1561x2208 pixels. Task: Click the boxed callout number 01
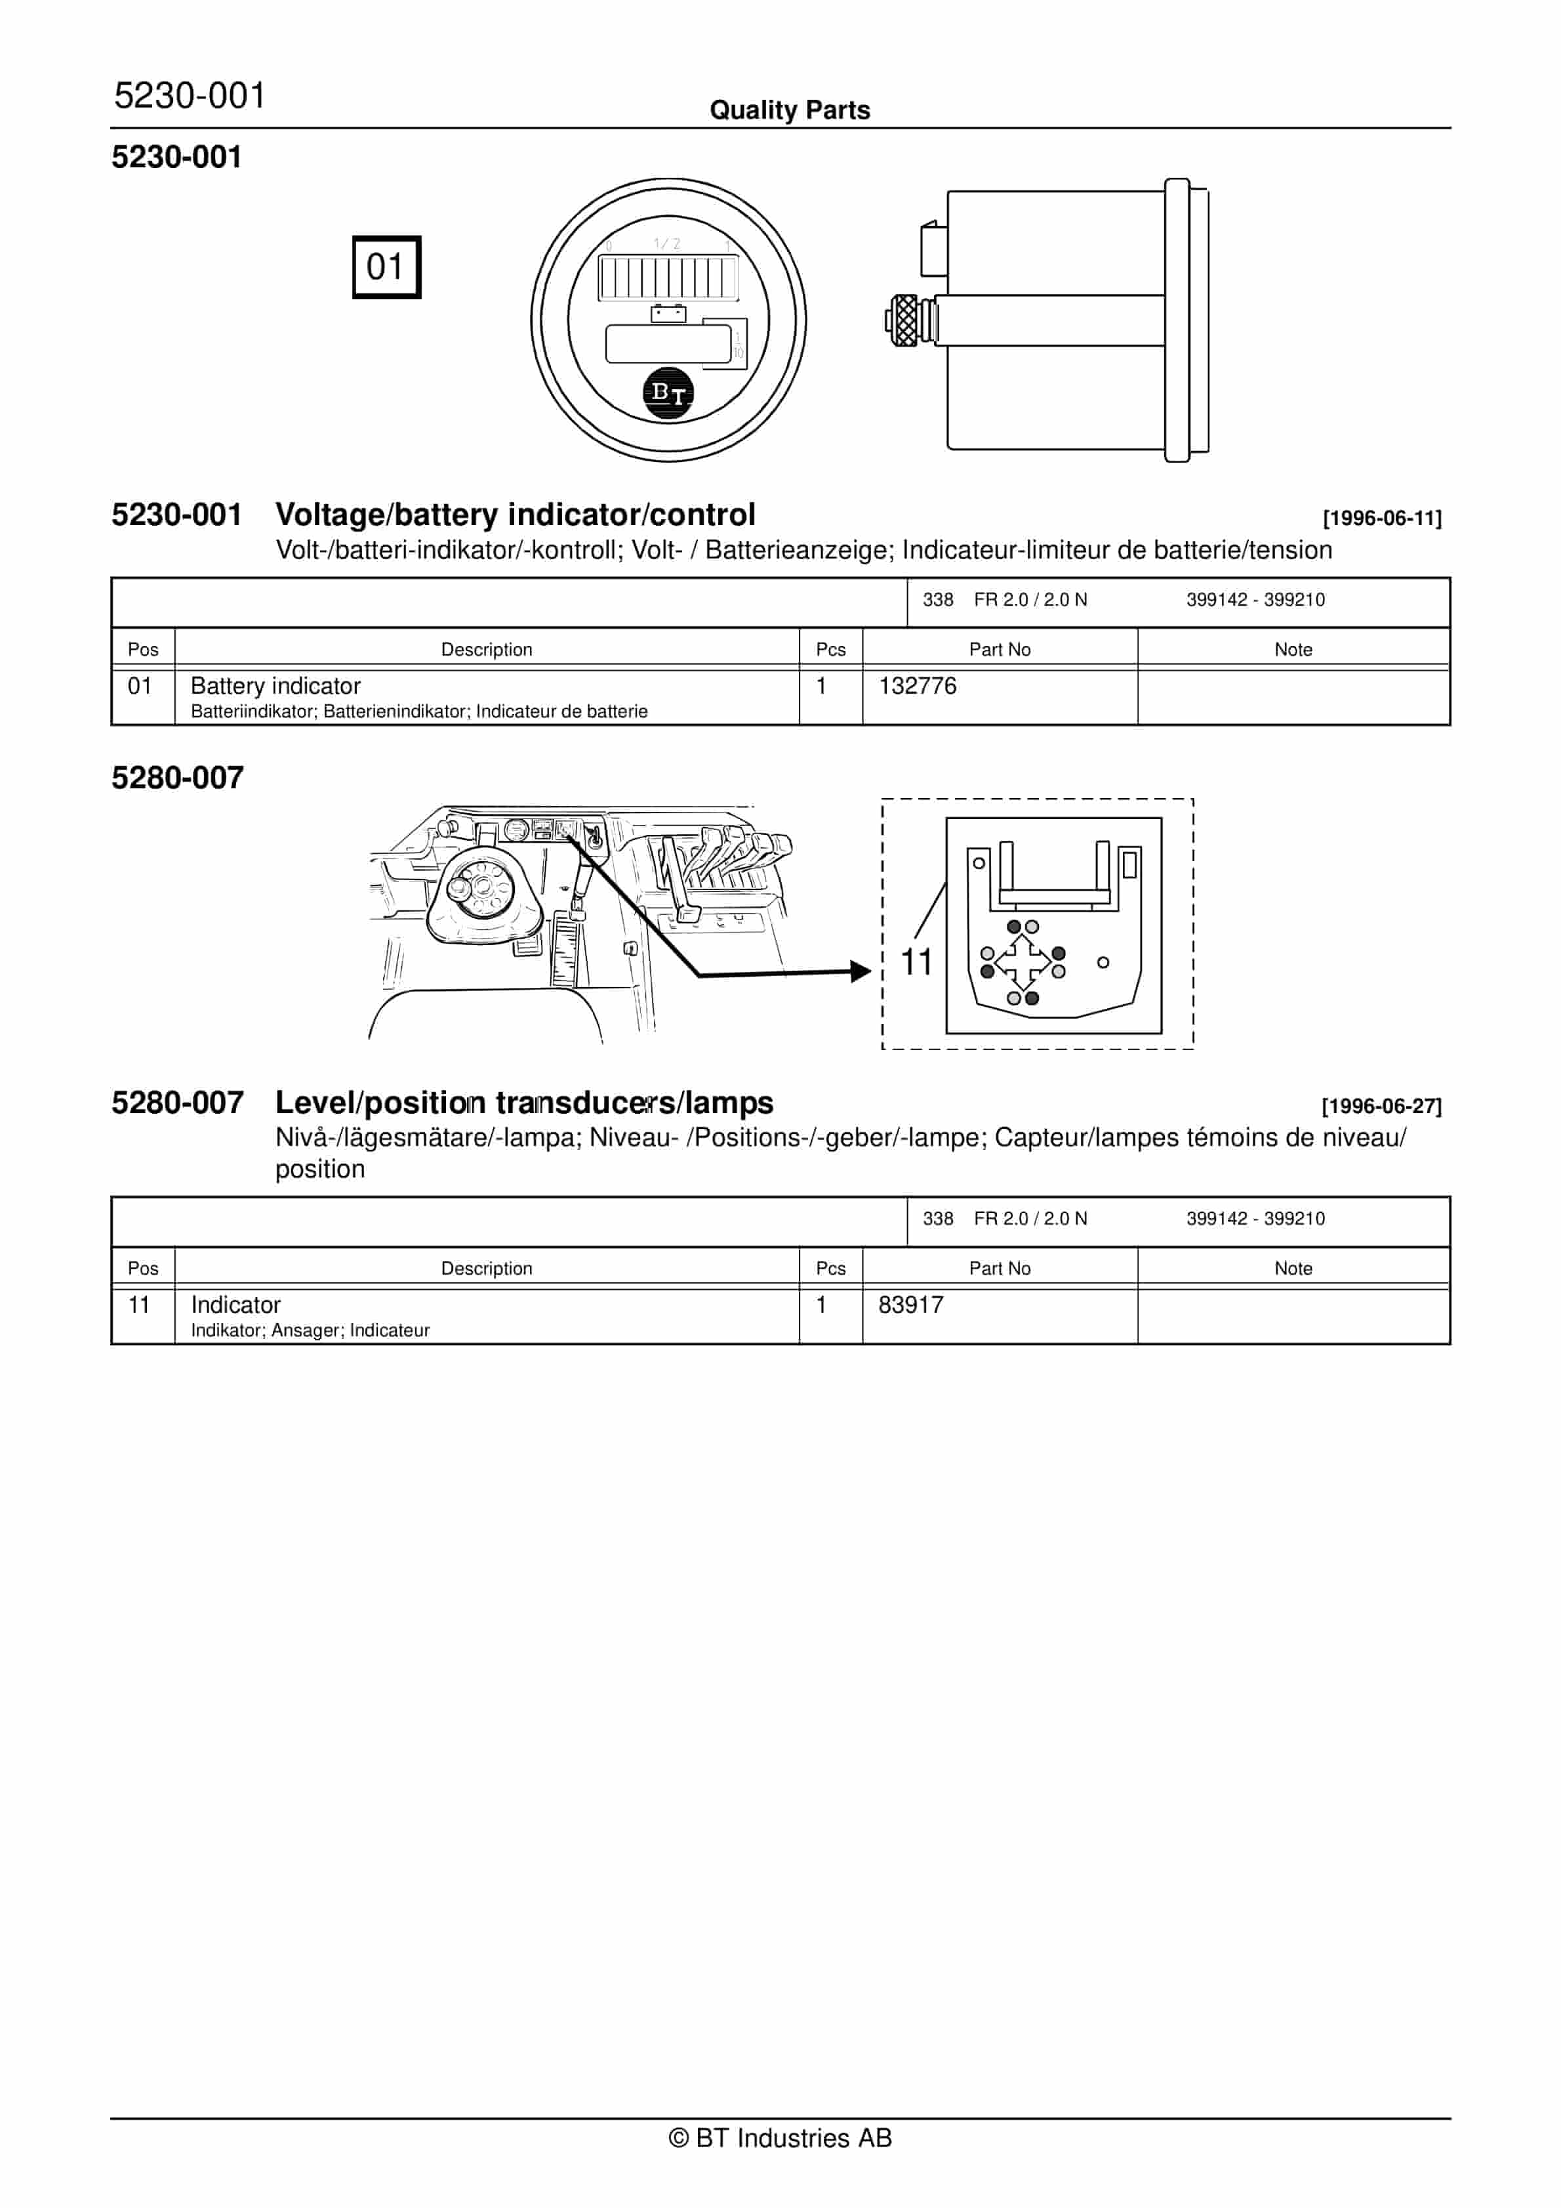386,267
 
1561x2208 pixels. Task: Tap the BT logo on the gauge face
668,393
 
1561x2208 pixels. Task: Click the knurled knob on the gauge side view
904,320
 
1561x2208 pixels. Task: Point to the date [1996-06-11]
1381,519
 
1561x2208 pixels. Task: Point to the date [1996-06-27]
1381,1106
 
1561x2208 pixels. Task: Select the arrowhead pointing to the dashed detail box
861,971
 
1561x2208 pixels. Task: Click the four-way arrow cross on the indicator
1023,962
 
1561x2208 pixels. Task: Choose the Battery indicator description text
276,686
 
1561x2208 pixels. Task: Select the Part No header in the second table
1000,1269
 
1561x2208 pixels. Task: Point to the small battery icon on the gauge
668,314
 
